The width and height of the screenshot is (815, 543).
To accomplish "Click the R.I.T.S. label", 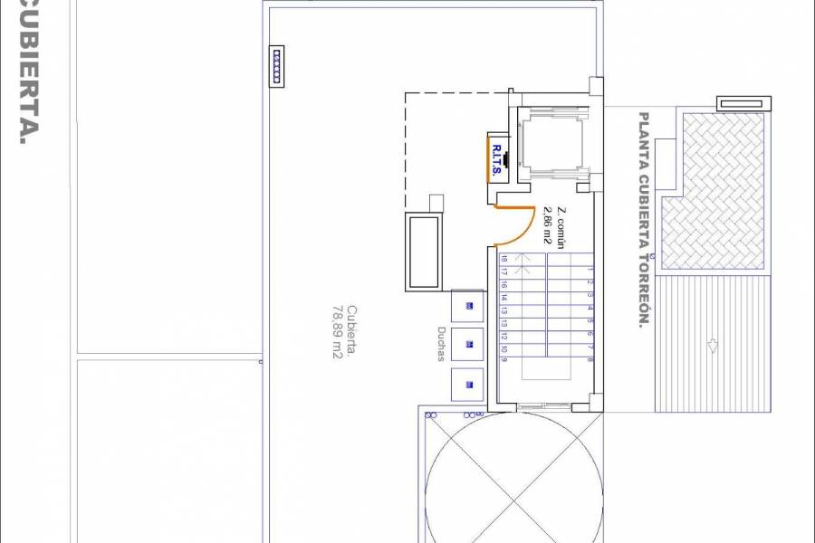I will pyautogui.click(x=499, y=160).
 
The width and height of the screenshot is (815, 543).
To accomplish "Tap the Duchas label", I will pyautogui.click(x=441, y=343).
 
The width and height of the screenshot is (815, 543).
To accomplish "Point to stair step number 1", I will pyautogui.click(x=589, y=269).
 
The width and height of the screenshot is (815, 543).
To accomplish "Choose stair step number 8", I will pyautogui.click(x=589, y=359).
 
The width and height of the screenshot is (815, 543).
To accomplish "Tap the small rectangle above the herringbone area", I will pyautogui.click(x=741, y=102).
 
